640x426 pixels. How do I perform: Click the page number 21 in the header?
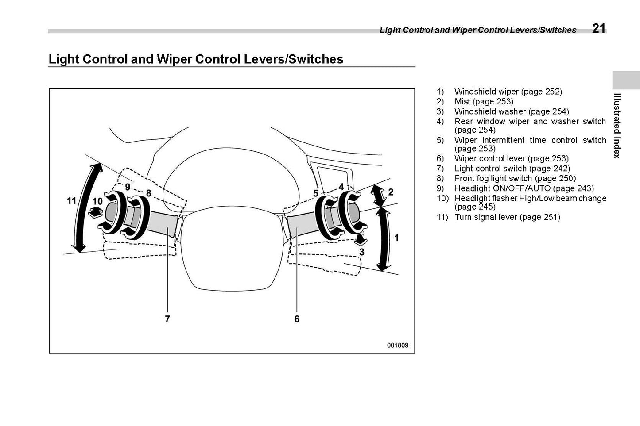click(x=599, y=28)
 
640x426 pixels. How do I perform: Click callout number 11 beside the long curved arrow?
click(x=71, y=201)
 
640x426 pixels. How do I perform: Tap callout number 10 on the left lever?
click(x=97, y=201)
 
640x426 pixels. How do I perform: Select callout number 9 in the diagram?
click(x=128, y=187)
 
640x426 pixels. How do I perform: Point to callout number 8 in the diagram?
click(x=148, y=193)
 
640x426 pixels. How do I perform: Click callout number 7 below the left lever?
click(x=167, y=319)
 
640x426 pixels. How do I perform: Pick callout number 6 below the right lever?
click(x=297, y=319)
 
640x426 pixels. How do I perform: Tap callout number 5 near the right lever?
click(x=316, y=193)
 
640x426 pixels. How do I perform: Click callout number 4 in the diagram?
click(x=341, y=187)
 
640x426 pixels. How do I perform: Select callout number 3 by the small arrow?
click(x=362, y=252)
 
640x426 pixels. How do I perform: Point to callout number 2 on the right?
click(x=391, y=192)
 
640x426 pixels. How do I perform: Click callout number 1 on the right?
click(x=396, y=238)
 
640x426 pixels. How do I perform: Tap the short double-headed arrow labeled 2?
click(x=377, y=195)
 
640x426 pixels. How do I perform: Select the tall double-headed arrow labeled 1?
click(x=383, y=239)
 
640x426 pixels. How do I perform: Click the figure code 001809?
click(x=398, y=345)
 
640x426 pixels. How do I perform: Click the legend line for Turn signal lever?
click(x=507, y=217)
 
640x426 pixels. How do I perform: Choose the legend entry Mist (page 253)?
click(x=484, y=102)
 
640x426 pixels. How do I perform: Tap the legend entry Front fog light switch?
click(x=515, y=178)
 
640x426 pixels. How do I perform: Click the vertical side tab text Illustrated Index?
click(x=617, y=126)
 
